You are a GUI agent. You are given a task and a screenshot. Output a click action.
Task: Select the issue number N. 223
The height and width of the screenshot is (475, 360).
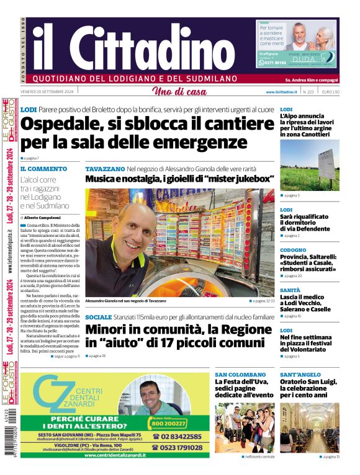point(308,92)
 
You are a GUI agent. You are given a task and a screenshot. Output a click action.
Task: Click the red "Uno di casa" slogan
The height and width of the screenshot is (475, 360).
point(179,92)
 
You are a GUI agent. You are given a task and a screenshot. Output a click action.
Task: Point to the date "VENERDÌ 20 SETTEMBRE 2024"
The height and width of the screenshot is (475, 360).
point(47,92)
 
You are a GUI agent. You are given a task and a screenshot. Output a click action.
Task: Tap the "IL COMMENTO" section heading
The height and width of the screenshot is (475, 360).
point(43,169)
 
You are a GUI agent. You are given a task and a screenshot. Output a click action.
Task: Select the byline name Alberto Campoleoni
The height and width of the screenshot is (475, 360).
point(43,218)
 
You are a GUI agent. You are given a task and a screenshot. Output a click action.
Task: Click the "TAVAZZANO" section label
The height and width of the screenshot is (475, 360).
point(105,169)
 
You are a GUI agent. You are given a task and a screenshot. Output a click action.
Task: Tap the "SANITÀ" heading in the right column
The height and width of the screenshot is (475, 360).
point(290,290)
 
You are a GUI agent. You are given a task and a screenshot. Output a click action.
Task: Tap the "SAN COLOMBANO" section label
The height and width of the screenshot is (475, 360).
point(240,375)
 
